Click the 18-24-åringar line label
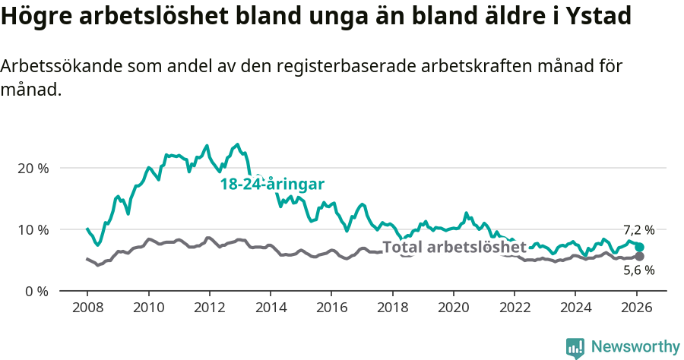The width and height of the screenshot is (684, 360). click(272, 184)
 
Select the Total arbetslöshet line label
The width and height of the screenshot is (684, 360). click(454, 247)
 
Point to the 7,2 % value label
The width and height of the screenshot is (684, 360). click(638, 230)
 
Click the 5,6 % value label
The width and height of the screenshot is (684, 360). click(638, 270)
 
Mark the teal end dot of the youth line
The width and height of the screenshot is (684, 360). click(639, 247)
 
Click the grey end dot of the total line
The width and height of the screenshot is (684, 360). click(639, 257)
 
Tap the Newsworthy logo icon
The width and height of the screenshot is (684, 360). click(575, 348)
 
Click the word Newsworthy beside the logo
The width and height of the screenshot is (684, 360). click(635, 347)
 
